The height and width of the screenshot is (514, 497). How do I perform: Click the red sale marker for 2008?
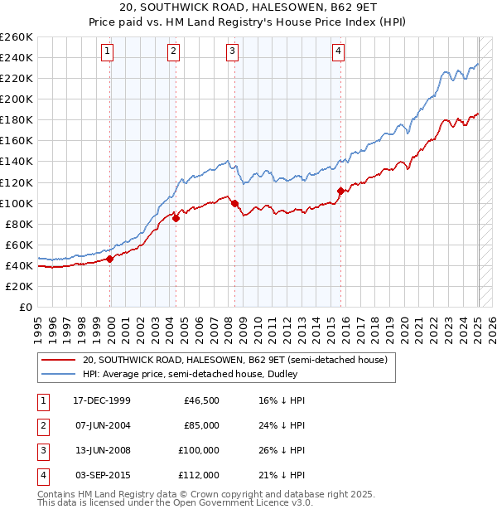234,203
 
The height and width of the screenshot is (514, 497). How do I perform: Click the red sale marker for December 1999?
110,259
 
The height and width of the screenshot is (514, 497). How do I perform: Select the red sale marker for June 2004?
176,219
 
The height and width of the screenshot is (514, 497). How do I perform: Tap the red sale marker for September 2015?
340,191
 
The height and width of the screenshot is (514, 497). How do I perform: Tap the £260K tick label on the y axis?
17,37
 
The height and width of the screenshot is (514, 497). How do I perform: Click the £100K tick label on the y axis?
17,203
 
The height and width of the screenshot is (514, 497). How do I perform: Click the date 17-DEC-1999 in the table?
102,400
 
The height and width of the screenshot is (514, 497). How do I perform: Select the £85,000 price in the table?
201,425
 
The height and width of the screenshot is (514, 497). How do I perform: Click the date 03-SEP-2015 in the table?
102,475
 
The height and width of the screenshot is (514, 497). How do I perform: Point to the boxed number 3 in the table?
42,450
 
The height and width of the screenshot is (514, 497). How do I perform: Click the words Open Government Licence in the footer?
229,502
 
